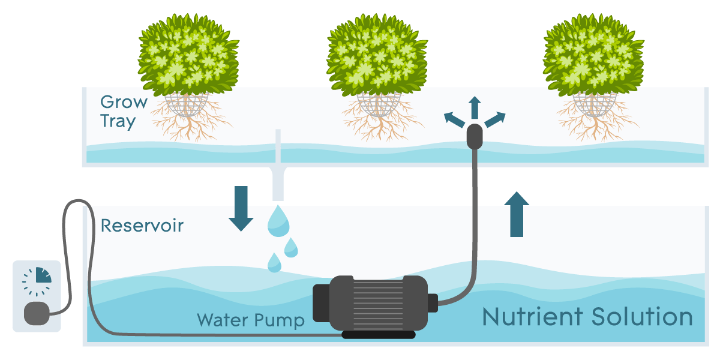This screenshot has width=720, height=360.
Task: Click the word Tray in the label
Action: point(118,121)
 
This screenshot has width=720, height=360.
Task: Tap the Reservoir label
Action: point(142,226)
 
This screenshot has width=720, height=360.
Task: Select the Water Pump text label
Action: point(250,319)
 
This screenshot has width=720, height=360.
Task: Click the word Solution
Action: point(640,316)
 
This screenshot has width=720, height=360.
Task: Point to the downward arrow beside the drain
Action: point(241,208)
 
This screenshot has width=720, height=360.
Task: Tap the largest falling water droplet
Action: point(278,220)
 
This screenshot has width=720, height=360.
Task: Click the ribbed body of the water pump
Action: point(372,303)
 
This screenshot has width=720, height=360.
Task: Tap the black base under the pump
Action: point(378,334)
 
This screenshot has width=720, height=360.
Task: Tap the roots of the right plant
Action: point(593,123)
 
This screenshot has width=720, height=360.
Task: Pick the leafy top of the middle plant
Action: point(377,57)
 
